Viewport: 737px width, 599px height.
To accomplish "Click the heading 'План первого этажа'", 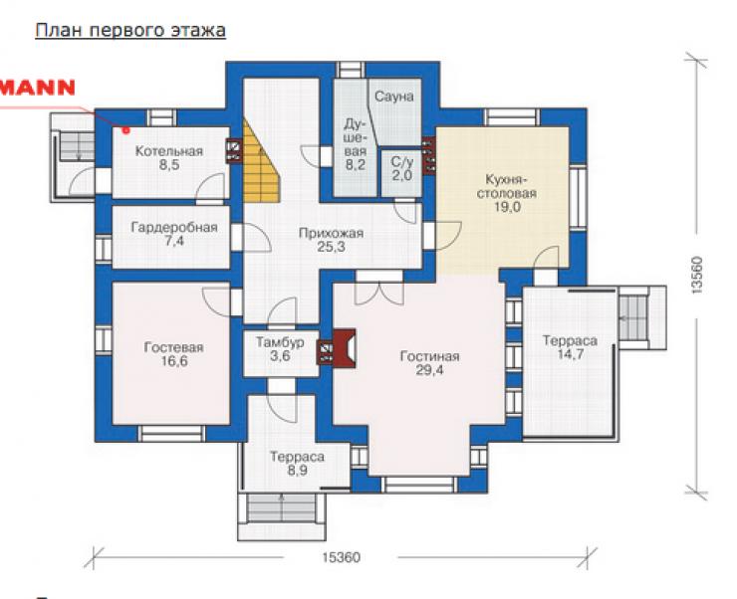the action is point(130,31).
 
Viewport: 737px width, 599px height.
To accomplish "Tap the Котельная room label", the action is point(168,151).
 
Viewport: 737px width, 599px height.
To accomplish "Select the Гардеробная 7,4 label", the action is point(174,234).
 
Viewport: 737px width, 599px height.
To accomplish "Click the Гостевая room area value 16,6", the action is point(174,361).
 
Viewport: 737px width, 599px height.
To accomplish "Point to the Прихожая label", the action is point(331,233).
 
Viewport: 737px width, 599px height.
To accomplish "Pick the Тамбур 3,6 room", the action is point(281,349).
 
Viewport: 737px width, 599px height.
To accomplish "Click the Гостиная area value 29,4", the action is point(429,370).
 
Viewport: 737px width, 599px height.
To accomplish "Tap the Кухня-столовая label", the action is point(506,186).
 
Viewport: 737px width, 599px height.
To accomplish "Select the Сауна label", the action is point(394,97).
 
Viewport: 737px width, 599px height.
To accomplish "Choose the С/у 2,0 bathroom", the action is point(402,173).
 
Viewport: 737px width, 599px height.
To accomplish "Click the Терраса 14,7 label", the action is point(570,347).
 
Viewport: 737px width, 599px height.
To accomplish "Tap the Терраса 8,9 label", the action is point(297,464).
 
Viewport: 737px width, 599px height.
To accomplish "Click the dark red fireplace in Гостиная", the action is point(344,347).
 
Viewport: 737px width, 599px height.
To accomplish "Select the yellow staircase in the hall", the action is point(261,162).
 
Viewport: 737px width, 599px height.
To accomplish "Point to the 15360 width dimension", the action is point(342,557).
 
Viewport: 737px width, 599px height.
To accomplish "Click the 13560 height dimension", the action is point(696,275).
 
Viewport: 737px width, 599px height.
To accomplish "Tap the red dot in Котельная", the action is point(125,130).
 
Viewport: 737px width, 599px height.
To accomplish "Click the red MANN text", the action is point(38,88).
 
